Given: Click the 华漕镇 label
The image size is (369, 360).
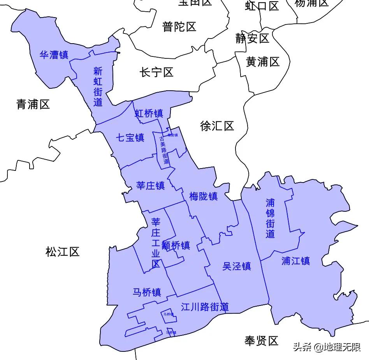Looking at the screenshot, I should click(54, 55).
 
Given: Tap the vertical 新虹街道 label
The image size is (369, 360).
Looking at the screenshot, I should click(98, 87).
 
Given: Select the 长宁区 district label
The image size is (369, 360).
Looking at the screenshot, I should click(156, 72).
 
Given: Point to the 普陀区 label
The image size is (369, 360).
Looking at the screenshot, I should click(179, 27).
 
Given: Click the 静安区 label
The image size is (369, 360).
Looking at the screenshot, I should click(252, 39).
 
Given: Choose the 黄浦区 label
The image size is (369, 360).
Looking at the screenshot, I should click(263, 61).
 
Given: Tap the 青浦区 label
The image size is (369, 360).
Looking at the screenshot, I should click(33, 104).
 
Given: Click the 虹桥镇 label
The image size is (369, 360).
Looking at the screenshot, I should click(149, 113).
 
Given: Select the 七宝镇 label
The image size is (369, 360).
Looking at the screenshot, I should click(130, 137).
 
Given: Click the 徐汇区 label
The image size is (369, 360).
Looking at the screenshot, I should click(217, 126).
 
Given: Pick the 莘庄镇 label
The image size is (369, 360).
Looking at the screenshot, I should click(151, 186).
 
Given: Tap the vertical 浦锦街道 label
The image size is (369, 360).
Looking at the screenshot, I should click(270, 218).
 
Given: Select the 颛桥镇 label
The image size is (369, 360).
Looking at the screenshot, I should click(176, 246).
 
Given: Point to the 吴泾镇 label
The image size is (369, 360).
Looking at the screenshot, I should click(237, 266).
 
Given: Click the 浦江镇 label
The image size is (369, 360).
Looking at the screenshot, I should click(296, 261).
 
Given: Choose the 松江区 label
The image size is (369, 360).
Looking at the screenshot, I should click(62, 252).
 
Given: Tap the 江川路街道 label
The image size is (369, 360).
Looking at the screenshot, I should click(205, 307).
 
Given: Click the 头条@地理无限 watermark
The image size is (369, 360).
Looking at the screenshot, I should click(327, 347).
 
